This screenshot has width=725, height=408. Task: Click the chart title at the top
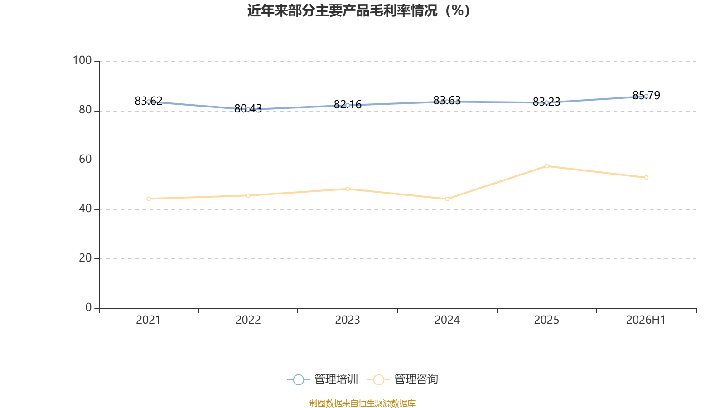(358, 11)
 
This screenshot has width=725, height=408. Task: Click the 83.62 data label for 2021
(149, 101)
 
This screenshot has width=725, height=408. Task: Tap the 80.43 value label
(248, 108)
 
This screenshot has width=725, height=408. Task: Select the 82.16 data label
(348, 104)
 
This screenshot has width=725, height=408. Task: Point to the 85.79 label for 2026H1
(646, 95)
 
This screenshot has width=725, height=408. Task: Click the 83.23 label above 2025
(546, 102)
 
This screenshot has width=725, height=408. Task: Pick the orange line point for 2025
(546, 166)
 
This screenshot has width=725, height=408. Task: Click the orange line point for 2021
(149, 199)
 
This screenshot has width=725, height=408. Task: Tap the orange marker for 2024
(447, 199)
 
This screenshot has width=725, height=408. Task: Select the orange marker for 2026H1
(646, 178)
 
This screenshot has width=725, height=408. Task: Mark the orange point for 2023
(348, 189)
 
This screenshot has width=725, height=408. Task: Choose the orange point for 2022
(248, 195)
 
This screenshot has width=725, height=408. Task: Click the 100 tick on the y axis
(82, 60)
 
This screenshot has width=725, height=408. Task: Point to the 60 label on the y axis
(86, 159)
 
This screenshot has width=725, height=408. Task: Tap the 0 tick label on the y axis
(89, 307)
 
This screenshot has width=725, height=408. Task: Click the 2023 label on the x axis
(348, 320)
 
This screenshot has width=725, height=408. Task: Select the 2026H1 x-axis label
(646, 320)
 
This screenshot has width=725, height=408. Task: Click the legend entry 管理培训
(323, 379)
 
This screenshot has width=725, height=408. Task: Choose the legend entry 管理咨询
(403, 379)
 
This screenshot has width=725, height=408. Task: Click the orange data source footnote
(362, 403)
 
